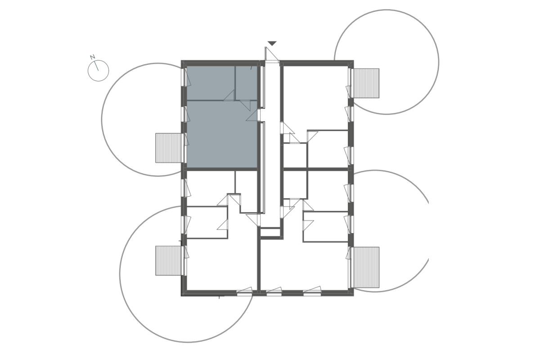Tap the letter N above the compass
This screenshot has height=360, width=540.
coord(92,57)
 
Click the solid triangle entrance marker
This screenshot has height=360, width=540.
coord(272,43)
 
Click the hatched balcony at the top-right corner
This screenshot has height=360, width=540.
coord(366,83)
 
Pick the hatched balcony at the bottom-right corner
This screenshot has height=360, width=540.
coord(366,267)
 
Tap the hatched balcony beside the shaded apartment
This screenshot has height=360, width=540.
coord(168,148)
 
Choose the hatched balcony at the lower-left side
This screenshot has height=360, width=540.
coord(168,261)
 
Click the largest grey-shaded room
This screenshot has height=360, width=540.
coord(222,134)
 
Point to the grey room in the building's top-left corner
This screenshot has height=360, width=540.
coord(211,83)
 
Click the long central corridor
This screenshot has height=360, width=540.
coord(272,145)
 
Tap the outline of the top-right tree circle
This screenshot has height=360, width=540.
coord(439,62)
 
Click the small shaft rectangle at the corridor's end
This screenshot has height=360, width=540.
coord(270,233)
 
